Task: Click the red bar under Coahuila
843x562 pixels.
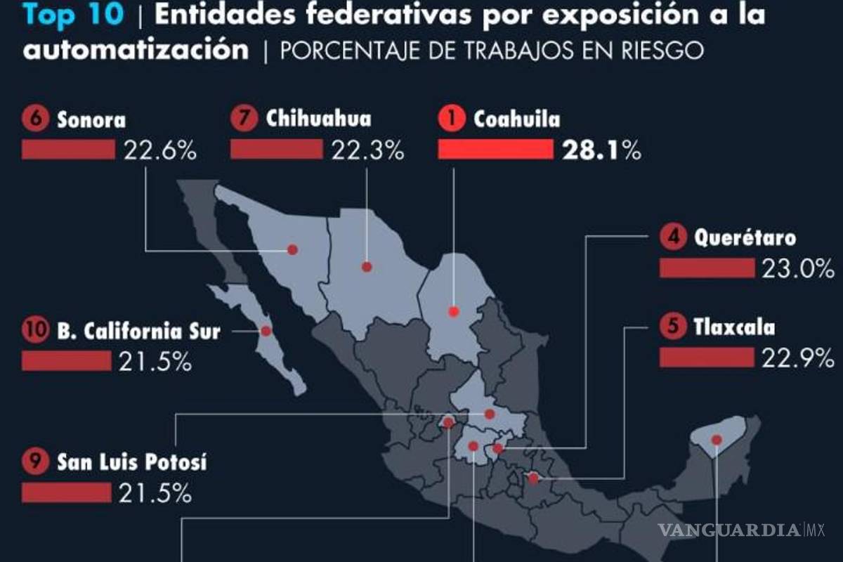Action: click(x=495, y=150)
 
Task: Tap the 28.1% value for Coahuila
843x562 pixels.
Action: click(x=601, y=150)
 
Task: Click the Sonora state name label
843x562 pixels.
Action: click(x=91, y=119)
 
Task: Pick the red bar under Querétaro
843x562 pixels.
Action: click(x=706, y=268)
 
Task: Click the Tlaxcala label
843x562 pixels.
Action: click(x=734, y=327)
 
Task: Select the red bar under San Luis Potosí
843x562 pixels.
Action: click(x=66, y=493)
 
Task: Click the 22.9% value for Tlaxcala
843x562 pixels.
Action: click(x=798, y=358)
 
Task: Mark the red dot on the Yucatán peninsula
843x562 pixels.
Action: click(x=717, y=440)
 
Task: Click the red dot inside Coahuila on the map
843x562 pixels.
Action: click(x=454, y=311)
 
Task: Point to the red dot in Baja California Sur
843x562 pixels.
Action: click(x=266, y=331)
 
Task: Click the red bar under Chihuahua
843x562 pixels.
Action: click(x=276, y=150)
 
